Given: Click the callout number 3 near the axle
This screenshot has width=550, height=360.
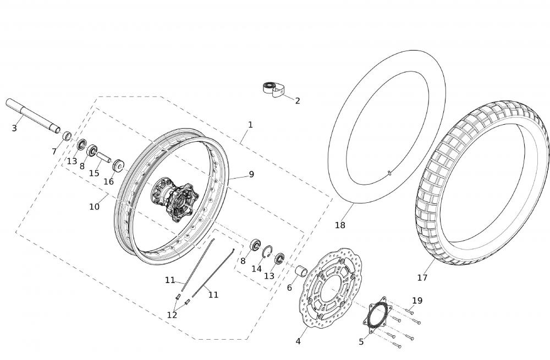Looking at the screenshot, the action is point(14,128).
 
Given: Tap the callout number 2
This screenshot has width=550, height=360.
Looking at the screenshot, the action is point(298,101).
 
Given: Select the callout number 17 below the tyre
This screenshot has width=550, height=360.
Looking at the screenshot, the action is point(422,278).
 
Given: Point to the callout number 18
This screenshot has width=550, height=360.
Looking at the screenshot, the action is point(340,225).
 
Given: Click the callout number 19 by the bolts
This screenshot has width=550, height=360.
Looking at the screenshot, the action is point(417,301).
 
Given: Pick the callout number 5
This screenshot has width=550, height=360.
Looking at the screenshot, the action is point(361,342).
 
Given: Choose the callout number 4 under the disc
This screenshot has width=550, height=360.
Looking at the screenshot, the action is point(298,341).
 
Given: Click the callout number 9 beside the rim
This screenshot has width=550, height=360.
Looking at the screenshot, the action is point(251,174).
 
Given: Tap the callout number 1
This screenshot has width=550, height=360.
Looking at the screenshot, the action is point(250,124).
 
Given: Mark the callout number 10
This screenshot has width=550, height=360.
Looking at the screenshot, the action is point(94,207).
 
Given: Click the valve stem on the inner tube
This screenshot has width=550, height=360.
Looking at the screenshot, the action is point(389,172).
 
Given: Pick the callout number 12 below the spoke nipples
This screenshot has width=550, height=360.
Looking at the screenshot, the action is point(172,315).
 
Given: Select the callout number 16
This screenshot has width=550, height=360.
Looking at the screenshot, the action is point(109,181).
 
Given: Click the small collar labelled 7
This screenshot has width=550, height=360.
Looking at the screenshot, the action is point(67,136).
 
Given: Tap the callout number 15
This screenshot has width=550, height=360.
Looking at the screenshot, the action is point(94,173).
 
